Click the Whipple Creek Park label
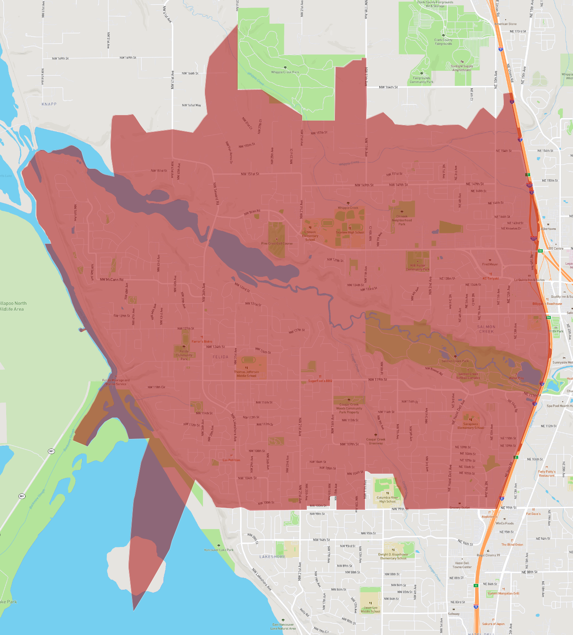point(285,72)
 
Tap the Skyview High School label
point(350,232)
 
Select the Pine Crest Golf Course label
point(277,243)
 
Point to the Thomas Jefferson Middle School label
point(246,374)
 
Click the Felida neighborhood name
point(220,357)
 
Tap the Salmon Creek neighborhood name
point(486,329)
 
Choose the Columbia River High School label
point(388,499)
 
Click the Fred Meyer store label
point(490,264)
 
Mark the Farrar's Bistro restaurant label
point(202,341)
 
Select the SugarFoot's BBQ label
point(320,381)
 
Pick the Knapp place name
point(49,104)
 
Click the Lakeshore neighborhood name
point(272,557)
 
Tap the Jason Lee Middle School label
point(371,609)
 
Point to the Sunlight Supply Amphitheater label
point(462,68)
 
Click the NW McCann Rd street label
point(111,279)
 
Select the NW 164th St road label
point(388,87)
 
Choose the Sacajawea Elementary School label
point(471,426)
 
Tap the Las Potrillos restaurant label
point(231,460)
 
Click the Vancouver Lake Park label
point(219,550)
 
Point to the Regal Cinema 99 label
point(488,555)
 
